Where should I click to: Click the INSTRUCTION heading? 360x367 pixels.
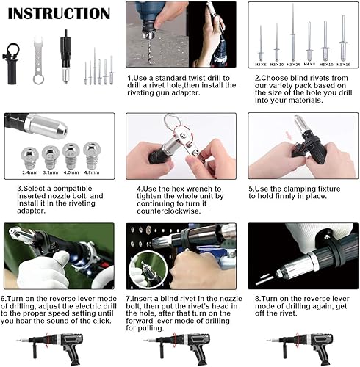tap(59, 13)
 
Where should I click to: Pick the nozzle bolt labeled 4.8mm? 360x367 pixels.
tap(90, 156)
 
